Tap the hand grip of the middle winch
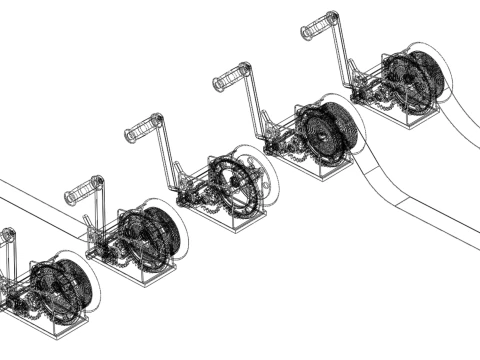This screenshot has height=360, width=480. (x=144, y=129)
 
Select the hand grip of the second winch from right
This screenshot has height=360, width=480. (x=228, y=79)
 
